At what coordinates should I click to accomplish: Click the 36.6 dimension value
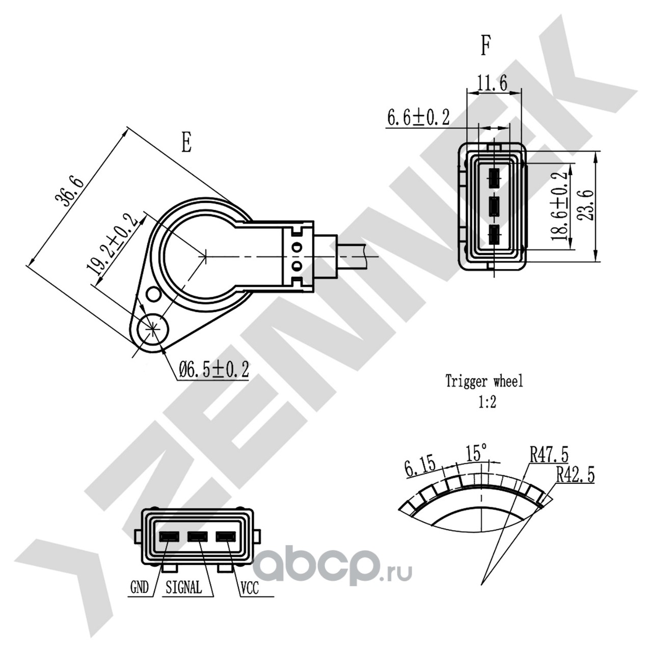69,192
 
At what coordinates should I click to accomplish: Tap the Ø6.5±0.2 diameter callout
214,369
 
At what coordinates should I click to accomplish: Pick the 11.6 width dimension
492,83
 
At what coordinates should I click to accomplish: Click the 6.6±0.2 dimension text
418,117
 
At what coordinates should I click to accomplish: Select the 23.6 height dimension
585,205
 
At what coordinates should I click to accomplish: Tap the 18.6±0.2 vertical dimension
559,206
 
